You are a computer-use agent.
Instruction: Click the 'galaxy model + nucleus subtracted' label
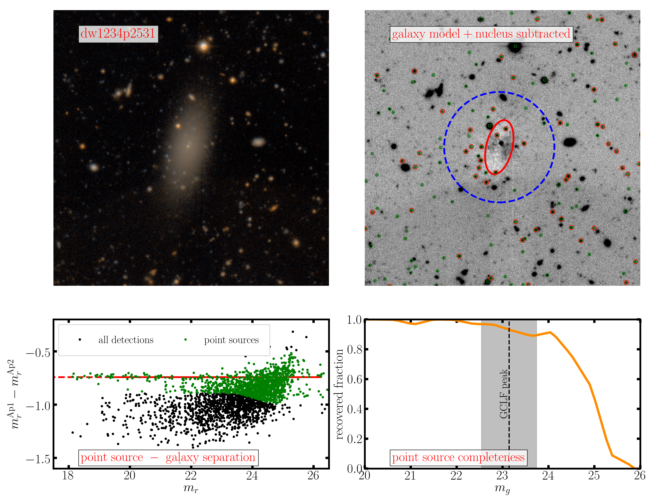click(481, 34)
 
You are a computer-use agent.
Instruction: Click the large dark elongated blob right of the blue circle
click(570, 142)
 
